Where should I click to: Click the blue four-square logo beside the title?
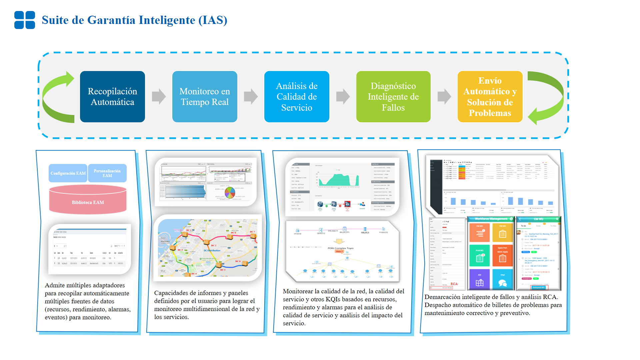tap(24, 20)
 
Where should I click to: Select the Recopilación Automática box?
tap(112, 97)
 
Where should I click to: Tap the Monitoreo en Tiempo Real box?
tap(205, 97)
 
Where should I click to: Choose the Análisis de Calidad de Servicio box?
tap(297, 97)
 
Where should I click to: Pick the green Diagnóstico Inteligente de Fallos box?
tap(393, 97)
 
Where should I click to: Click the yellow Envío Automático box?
tap(490, 97)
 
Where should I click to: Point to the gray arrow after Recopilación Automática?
tap(159, 97)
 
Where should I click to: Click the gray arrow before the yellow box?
tap(444, 97)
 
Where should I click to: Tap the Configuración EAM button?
tap(68, 173)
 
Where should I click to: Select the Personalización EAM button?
tap(107, 173)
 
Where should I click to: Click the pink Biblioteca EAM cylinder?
tap(88, 200)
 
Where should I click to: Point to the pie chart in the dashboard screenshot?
tap(230, 192)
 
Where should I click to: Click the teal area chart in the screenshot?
tap(339, 180)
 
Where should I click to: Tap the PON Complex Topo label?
tap(340, 248)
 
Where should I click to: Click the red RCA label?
tap(454, 284)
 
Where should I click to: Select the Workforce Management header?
tap(491, 219)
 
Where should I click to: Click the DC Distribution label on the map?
tap(212, 250)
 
